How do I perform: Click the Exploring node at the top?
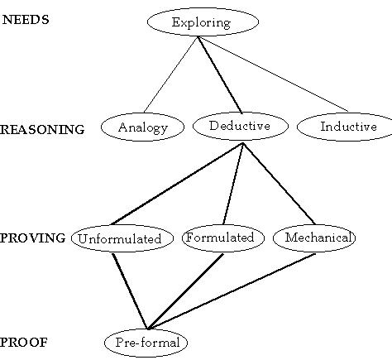(x=203, y=22)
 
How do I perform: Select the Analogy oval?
(x=142, y=127)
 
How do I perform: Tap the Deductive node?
(x=241, y=126)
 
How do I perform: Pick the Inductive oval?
(x=346, y=127)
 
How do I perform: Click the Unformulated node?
(x=122, y=238)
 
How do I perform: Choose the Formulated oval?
(x=223, y=238)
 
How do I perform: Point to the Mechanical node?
(x=314, y=238)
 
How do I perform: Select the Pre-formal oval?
(x=146, y=343)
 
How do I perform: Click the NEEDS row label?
(x=26, y=20)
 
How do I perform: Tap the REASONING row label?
(x=42, y=129)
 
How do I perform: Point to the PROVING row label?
(x=33, y=238)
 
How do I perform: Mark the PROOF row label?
(x=24, y=343)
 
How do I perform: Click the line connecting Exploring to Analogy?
(x=170, y=74)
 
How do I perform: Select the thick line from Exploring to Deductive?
(x=220, y=74)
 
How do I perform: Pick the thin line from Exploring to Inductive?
(x=273, y=74)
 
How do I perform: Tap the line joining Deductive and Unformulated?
(x=177, y=184)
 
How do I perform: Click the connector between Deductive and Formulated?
(x=233, y=184)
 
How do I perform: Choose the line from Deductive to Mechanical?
(x=279, y=184)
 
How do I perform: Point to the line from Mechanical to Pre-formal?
(x=232, y=291)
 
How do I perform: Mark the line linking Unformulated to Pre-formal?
(x=130, y=291)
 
